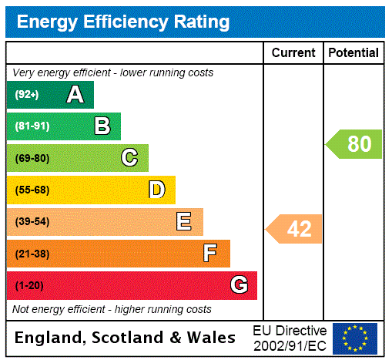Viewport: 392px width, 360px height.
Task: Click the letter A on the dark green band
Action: [x=75, y=95]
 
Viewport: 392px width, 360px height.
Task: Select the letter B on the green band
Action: [x=102, y=126]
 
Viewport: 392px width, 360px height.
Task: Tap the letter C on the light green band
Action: [x=129, y=158]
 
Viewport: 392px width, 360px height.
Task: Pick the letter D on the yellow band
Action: [x=156, y=190]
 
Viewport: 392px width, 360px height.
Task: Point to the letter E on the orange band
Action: [x=184, y=222]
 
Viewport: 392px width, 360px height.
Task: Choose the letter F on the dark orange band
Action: [x=209, y=254]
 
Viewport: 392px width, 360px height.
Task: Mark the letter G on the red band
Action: [x=239, y=285]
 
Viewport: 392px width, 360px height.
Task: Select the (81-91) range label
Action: [x=32, y=126]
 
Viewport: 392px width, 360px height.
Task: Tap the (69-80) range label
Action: [x=32, y=158]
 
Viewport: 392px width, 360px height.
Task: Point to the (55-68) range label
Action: [x=32, y=190]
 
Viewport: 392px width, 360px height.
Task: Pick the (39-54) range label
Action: [x=32, y=222]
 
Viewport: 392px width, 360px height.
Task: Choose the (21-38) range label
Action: [x=32, y=254]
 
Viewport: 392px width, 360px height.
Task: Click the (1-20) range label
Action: [x=29, y=285]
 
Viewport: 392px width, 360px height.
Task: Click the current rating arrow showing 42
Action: [x=295, y=229]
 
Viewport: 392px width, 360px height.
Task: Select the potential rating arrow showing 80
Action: [x=355, y=144]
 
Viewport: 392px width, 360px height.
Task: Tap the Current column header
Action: [x=293, y=53]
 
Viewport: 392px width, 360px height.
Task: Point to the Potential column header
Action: [x=353, y=53]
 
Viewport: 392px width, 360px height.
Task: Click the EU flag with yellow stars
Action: [x=355, y=338]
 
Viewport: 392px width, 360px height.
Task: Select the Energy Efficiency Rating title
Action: [x=123, y=22]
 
